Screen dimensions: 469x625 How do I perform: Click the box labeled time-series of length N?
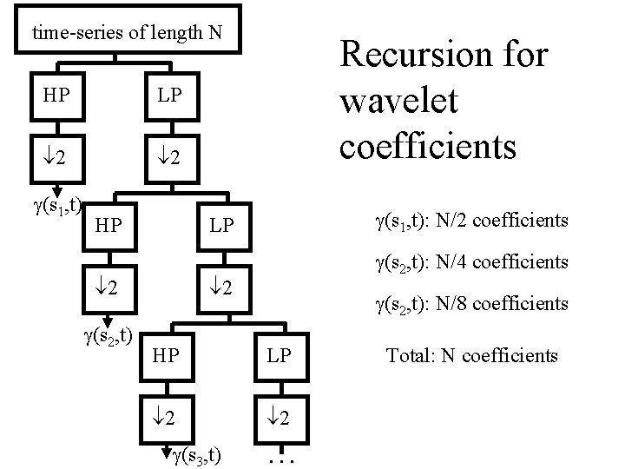tap(127, 32)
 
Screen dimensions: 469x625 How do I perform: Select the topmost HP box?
tap(58, 93)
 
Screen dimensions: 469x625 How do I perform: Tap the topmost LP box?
tap(169, 93)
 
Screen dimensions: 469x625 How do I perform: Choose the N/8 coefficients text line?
tap(471, 304)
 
